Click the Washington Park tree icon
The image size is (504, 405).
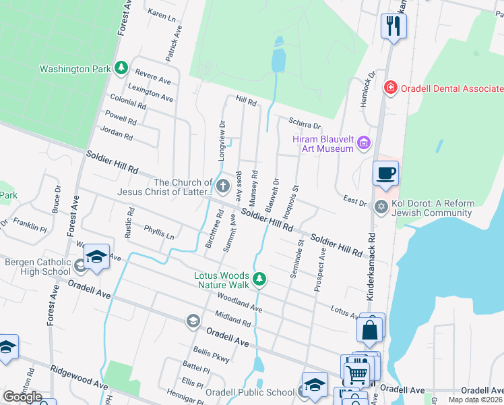121,67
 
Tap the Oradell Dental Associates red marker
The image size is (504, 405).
389,88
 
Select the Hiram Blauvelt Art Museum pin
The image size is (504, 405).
365,142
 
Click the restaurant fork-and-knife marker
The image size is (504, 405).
393,26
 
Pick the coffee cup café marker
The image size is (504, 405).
385,173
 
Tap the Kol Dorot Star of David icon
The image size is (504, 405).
381,207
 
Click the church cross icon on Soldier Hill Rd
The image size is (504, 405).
223,186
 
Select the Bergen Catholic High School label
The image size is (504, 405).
37,267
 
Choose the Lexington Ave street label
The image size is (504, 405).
150,93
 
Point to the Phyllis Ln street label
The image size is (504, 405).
159,233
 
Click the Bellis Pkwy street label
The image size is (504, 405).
212,352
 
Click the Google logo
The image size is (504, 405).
23,396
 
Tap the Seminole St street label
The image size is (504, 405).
294,259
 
